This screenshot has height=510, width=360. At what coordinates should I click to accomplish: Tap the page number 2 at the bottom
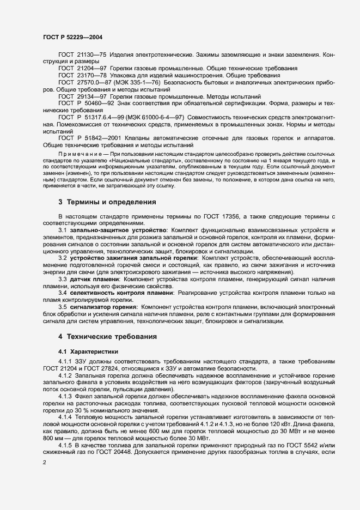(45, 462)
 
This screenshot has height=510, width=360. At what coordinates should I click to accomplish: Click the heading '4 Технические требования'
(108, 336)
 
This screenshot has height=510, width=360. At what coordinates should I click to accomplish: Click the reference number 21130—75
(92, 55)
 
